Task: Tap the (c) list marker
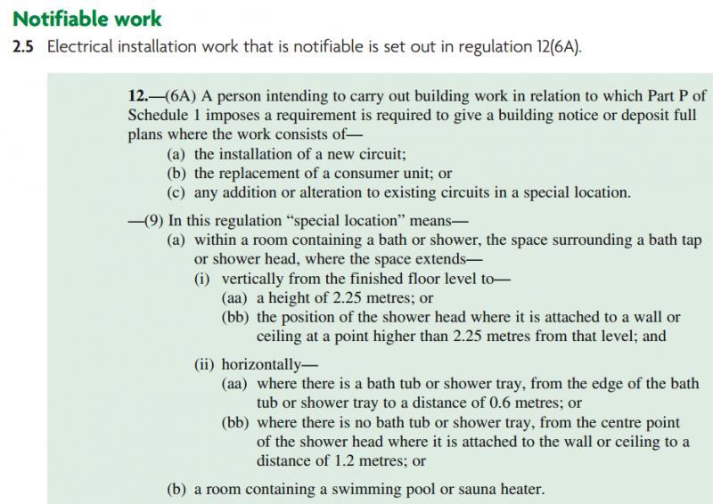(176, 192)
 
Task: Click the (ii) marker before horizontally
(205, 364)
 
